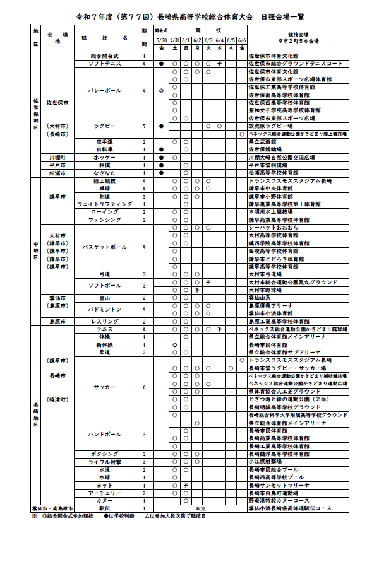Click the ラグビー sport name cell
pos(104,126)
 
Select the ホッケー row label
pos(104,156)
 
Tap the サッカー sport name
pos(104,387)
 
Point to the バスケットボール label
pos(104,246)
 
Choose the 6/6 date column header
pos(242,40)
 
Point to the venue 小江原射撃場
pos(265,462)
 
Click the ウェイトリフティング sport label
pos(104,204)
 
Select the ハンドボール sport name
pos(104,435)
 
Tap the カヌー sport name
pos(104,500)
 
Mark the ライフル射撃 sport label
pos(104,462)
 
